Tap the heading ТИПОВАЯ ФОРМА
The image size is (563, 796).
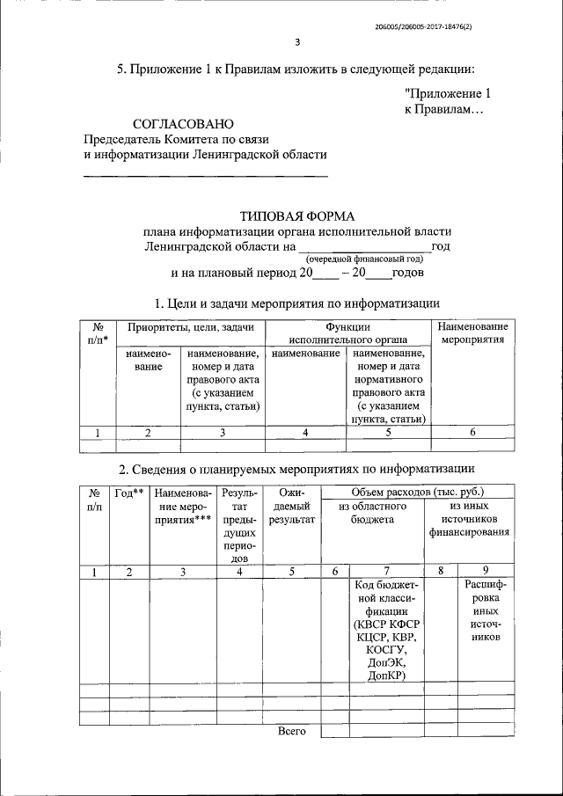(297, 215)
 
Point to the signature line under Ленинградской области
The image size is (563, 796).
(204, 178)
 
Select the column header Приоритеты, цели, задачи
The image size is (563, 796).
(191, 326)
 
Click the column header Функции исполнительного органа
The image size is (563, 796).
(347, 332)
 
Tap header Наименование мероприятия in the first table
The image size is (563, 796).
(472, 332)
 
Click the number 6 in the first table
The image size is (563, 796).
(472, 431)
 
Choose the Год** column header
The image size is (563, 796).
(129, 493)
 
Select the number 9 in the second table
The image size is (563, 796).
(485, 572)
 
